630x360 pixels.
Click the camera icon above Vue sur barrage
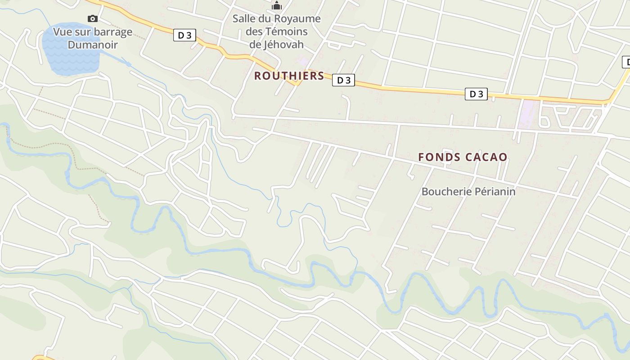click(92, 18)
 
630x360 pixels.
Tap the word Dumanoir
click(93, 45)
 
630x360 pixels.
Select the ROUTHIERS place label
click(289, 76)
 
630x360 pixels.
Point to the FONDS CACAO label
click(463, 157)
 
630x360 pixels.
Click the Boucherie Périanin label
click(468, 191)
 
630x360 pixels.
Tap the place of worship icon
click(276, 6)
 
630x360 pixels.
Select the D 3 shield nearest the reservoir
click(184, 35)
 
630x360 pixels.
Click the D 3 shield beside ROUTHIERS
click(343, 80)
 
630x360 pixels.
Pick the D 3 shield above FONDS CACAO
click(476, 94)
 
